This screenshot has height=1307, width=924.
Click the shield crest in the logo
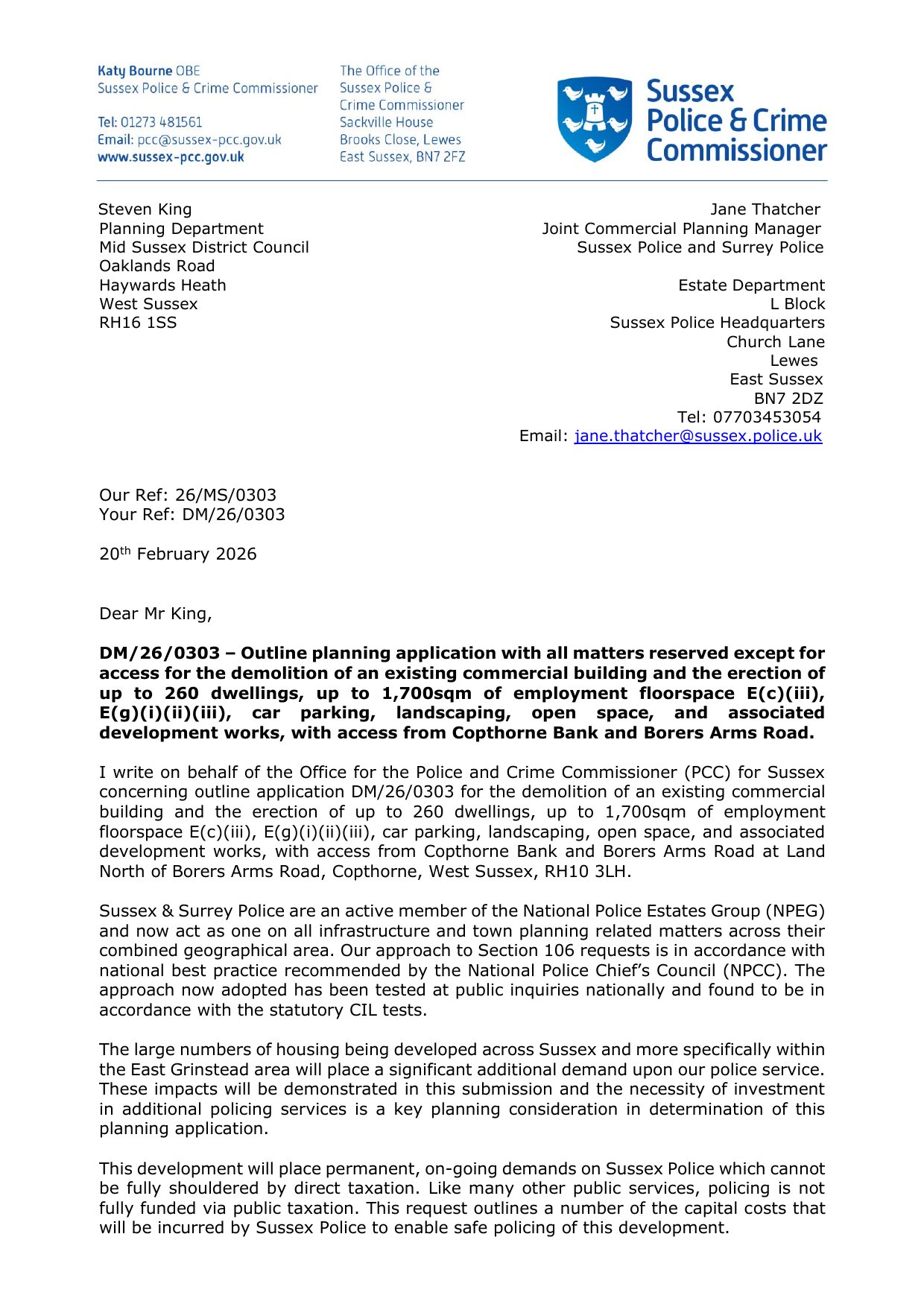coord(594,118)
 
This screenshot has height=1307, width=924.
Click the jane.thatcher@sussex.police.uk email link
coord(698,436)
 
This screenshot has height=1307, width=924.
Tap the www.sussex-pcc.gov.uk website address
coord(171,157)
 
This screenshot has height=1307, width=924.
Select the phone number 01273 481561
coord(161,122)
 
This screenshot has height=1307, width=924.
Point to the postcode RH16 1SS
coord(138,323)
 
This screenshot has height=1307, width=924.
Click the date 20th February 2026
coord(177,554)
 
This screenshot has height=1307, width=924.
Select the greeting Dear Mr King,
coord(156,613)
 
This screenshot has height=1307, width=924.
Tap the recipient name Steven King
coord(145,209)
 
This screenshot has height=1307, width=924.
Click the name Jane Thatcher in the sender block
coord(765,209)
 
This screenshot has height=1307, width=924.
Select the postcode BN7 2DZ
coord(788,399)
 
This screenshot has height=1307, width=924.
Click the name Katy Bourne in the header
coord(135,72)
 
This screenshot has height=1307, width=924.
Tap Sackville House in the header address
coord(386,122)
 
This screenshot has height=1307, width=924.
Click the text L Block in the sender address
coord(797,304)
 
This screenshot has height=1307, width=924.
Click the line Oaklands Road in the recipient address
coord(157,266)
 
